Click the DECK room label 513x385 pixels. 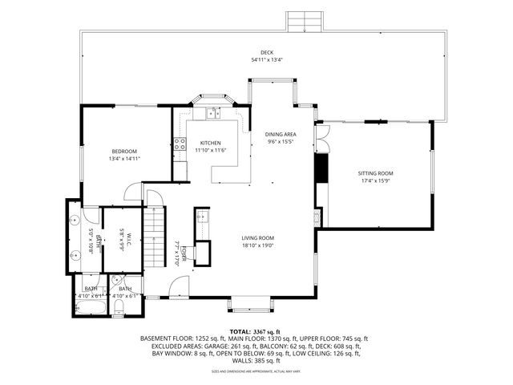click(256, 52)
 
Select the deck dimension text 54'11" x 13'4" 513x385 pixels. click(256, 59)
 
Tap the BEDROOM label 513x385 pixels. click(124, 152)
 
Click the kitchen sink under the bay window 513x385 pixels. click(213, 113)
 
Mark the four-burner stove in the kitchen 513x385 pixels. click(181, 145)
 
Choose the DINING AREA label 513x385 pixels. click(281, 135)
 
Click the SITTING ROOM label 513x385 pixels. click(375, 173)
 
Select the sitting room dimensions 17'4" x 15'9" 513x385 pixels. click(375, 181)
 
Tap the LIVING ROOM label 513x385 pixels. click(258, 238)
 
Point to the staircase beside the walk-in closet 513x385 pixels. click(154, 237)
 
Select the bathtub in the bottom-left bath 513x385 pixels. click(88, 306)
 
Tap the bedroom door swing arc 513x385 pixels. click(133, 192)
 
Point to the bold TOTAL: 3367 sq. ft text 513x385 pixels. click(256, 331)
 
